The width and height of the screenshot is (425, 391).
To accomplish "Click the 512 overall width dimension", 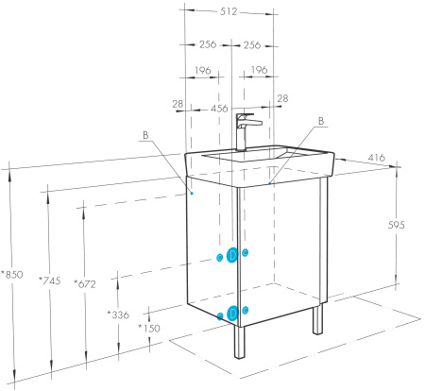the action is (x=229, y=11).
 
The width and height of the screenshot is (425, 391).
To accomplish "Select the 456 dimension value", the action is (x=219, y=109).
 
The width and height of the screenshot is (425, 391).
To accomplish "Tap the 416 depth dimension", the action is (x=377, y=158).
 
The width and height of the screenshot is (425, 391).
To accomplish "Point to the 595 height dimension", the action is (x=396, y=225).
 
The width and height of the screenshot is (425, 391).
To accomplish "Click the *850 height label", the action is (x=12, y=275).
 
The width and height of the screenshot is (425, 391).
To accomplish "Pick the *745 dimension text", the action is (x=49, y=280).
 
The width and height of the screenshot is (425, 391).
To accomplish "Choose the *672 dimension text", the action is (x=85, y=284).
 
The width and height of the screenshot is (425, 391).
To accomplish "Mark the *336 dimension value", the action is (x=118, y=314).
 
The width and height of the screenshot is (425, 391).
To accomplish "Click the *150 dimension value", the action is (x=149, y=329).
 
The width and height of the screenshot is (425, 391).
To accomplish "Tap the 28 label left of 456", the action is (x=178, y=104).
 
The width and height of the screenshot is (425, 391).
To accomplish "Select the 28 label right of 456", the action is (x=282, y=98).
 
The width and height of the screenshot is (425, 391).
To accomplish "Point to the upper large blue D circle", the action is (x=232, y=255).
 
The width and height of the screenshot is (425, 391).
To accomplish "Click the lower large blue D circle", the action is (x=232, y=313).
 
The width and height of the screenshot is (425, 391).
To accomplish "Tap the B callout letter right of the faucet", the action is (x=321, y=121).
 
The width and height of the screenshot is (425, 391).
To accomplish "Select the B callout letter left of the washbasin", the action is (x=145, y=135).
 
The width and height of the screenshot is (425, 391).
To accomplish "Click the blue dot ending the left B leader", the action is (x=192, y=193).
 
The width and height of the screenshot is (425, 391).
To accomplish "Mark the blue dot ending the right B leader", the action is (x=269, y=183).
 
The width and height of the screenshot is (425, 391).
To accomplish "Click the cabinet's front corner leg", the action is (x=239, y=343).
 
